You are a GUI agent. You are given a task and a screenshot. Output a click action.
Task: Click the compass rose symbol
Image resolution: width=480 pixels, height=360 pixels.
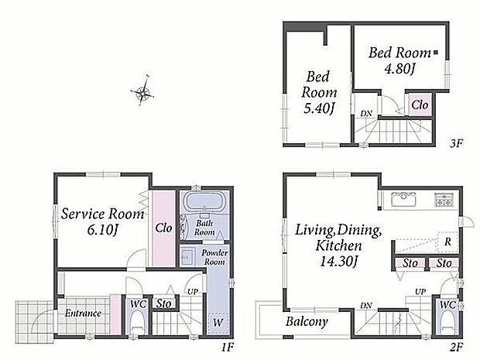click(x=142, y=91)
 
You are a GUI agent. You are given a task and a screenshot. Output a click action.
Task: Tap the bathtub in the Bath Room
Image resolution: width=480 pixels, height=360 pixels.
click(x=204, y=202)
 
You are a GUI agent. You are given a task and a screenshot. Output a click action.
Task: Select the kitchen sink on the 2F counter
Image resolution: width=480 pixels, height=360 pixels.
click(x=403, y=199)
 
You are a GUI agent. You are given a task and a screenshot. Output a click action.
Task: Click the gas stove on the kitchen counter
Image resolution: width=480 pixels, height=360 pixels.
click(x=444, y=200)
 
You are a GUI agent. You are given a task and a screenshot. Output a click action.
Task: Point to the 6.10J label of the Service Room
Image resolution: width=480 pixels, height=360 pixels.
click(x=102, y=230)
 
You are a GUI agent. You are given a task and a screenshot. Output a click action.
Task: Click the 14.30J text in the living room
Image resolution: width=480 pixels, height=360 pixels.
click(x=339, y=262)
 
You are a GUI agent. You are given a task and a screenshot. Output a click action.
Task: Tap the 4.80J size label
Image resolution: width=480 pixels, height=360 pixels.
click(x=399, y=69)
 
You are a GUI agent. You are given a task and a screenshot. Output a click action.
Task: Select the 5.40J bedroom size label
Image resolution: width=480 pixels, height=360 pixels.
click(x=318, y=108)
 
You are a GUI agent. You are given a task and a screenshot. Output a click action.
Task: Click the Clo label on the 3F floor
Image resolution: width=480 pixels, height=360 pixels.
click(x=420, y=105)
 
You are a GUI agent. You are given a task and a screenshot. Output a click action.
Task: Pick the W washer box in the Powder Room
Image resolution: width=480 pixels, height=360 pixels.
click(x=218, y=323)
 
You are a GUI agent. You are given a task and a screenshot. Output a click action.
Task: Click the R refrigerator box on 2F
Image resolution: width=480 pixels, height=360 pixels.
click(x=447, y=242)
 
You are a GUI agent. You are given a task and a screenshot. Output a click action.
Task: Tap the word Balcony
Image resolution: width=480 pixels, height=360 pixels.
click(x=307, y=322)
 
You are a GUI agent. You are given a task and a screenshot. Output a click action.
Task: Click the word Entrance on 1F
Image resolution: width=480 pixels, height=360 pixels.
click(x=83, y=314)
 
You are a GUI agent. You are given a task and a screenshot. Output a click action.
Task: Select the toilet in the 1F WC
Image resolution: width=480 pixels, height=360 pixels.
click(x=137, y=324)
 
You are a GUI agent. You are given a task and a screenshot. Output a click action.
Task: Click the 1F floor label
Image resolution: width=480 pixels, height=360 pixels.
click(x=228, y=347)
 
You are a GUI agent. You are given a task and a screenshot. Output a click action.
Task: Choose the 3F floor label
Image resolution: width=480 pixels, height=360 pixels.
click(x=457, y=143)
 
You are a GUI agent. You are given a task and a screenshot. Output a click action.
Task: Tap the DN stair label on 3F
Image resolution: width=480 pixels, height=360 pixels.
click(x=366, y=114)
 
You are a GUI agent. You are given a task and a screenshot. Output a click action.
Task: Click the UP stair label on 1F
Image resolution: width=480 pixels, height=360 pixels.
click(x=193, y=292)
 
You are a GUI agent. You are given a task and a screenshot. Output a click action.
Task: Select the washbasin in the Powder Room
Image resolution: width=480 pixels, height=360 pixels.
click(x=187, y=256)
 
